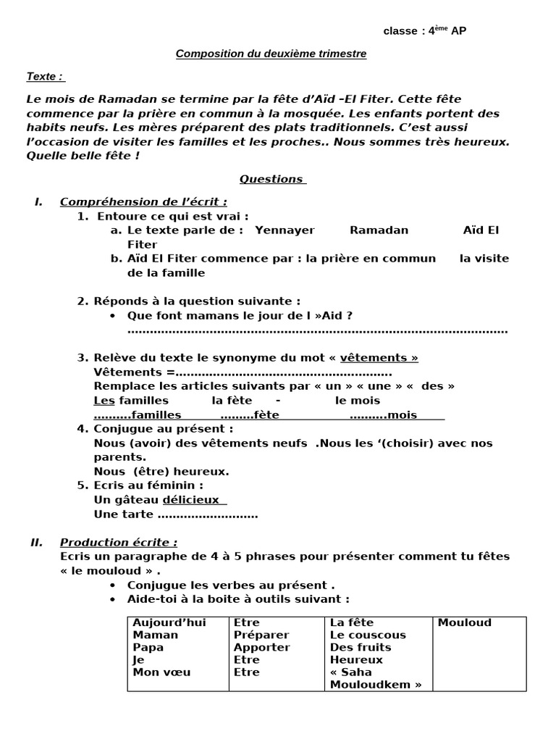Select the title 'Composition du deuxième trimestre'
[x=271, y=54]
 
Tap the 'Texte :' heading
[x=44, y=76]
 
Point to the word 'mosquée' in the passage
[x=391, y=114]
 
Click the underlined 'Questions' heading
[x=272, y=179]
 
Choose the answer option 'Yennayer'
[x=285, y=230]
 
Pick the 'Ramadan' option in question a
[x=379, y=230]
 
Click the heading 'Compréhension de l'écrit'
[x=143, y=201]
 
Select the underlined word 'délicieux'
[x=193, y=500]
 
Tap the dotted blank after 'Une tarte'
[x=207, y=514]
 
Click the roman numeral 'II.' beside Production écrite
[x=36, y=542]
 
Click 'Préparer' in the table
[x=256, y=635]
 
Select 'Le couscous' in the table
[x=368, y=635]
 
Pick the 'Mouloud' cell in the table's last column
[x=464, y=622]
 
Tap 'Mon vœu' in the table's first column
[x=161, y=672]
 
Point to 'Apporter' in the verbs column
[x=261, y=647]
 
